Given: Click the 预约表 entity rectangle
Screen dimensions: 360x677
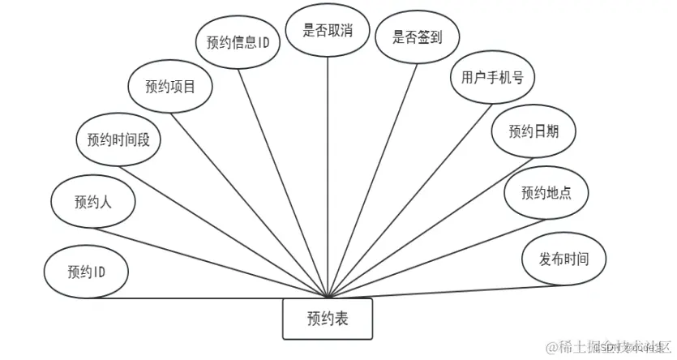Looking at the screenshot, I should pyautogui.click(x=328, y=319).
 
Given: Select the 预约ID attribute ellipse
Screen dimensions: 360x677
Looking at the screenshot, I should pyautogui.click(x=86, y=271).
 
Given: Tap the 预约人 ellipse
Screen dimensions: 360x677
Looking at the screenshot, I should pyautogui.click(x=92, y=201).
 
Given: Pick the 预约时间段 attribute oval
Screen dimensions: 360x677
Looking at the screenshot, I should pyautogui.click(x=118, y=139).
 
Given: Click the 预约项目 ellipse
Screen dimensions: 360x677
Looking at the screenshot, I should pyautogui.click(x=170, y=85).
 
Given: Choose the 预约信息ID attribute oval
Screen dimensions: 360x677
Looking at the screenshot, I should pyautogui.click(x=238, y=41).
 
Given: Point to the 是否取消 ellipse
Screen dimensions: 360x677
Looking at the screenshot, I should pyautogui.click(x=328, y=31).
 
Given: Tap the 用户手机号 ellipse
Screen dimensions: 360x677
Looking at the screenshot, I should pyautogui.click(x=492, y=78).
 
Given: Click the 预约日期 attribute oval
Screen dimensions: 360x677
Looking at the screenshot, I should pyautogui.click(x=532, y=131).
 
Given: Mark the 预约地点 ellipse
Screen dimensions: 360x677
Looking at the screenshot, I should pyautogui.click(x=546, y=192).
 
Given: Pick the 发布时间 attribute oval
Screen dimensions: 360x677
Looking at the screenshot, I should pyautogui.click(x=563, y=259).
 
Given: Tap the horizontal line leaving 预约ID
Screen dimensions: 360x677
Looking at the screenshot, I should pyautogui.click(x=203, y=297).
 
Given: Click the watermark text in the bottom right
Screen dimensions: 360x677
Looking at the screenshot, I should pyautogui.click(x=608, y=347).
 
